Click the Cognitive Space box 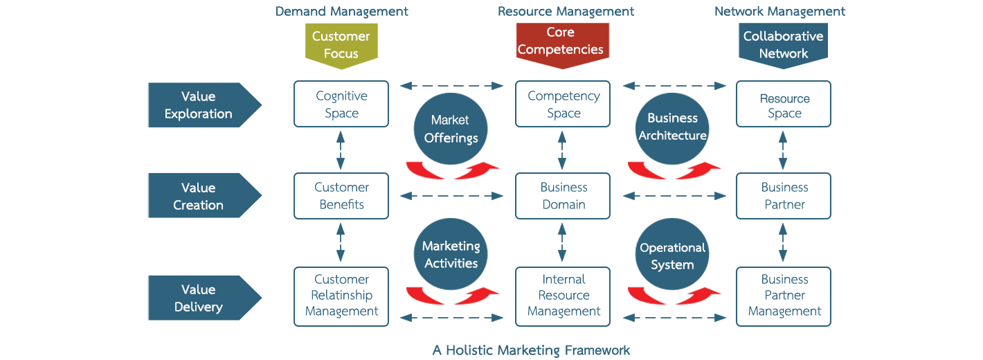click(x=341, y=105)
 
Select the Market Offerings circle click(x=451, y=129)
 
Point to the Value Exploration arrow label click(x=199, y=105)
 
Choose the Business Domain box click(x=563, y=196)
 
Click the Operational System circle click(x=672, y=256)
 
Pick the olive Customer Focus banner click(x=341, y=44)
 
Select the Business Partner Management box click(x=784, y=296)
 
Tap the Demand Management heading click(x=342, y=11)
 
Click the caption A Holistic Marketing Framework click(x=532, y=350)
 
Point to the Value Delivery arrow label click(x=199, y=298)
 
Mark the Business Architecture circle click(x=672, y=127)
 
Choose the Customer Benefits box click(x=341, y=196)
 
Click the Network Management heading click(x=780, y=11)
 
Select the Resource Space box click(x=784, y=105)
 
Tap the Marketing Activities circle click(x=451, y=255)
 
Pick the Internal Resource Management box click(x=563, y=296)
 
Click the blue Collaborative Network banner click(x=783, y=44)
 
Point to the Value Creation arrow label click(x=199, y=196)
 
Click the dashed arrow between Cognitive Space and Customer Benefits click(x=341, y=150)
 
